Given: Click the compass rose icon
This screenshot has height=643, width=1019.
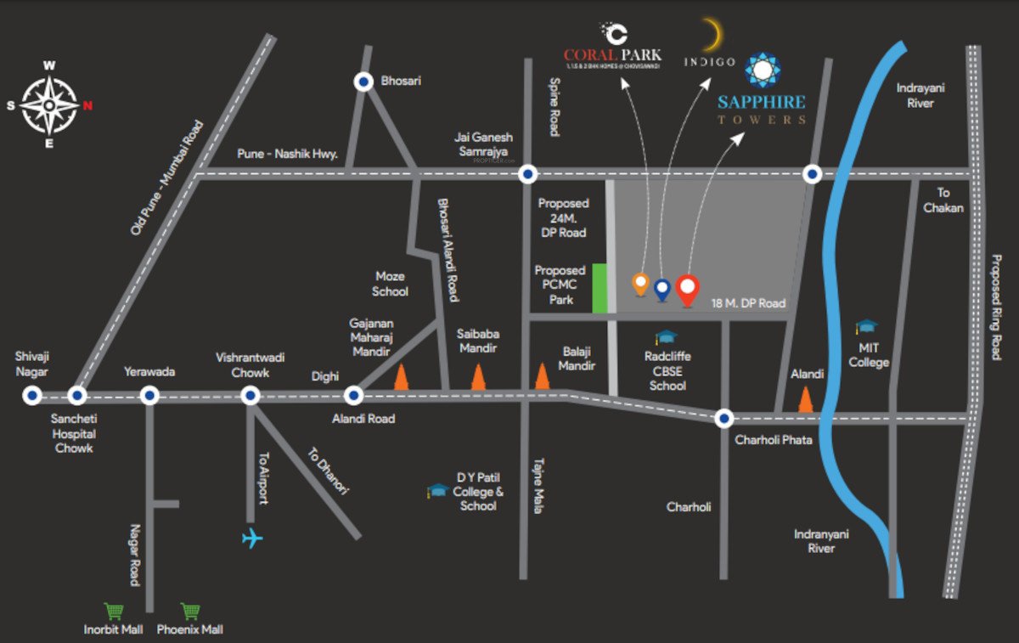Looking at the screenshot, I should (49, 104).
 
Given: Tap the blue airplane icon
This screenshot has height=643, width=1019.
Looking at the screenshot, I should (252, 539).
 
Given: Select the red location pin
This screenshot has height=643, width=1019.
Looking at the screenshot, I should (688, 290).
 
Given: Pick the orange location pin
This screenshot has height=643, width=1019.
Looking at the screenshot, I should (641, 284).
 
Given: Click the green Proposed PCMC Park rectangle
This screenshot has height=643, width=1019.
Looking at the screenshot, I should (600, 289).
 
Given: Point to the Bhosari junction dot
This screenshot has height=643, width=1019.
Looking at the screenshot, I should (363, 82).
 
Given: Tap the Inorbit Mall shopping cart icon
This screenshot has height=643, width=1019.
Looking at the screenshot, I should (113, 611).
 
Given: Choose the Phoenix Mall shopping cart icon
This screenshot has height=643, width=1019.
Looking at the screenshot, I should (190, 611).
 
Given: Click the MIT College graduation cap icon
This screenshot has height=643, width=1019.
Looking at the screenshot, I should (866, 326).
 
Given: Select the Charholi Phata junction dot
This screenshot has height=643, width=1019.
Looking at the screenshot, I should (723, 418).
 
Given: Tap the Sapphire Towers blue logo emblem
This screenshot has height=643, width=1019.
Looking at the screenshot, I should (762, 71).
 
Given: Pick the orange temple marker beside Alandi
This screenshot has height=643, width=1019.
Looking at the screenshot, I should (805, 398).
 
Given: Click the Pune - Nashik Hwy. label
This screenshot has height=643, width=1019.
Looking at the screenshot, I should (287, 155).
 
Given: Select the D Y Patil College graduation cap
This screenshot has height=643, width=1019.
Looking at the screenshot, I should (438, 490).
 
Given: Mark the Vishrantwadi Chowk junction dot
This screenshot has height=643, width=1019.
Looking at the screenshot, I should (250, 395).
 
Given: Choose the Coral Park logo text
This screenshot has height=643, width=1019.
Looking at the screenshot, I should (612, 56).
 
